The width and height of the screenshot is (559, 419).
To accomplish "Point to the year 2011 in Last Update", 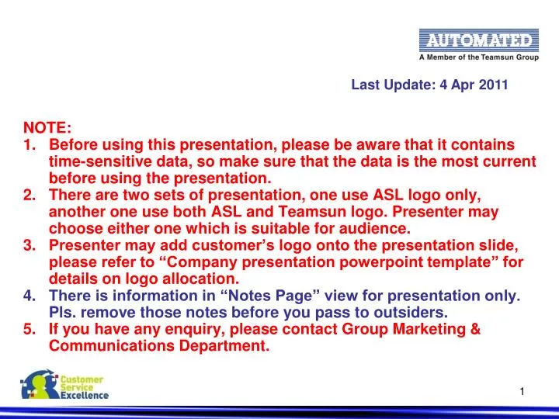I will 494,86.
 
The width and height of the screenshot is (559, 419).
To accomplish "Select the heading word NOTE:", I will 47,128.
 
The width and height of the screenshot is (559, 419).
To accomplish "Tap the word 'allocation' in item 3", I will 196,279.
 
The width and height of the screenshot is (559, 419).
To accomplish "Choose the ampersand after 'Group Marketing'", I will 474,330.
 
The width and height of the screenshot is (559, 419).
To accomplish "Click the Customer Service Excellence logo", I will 65,386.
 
